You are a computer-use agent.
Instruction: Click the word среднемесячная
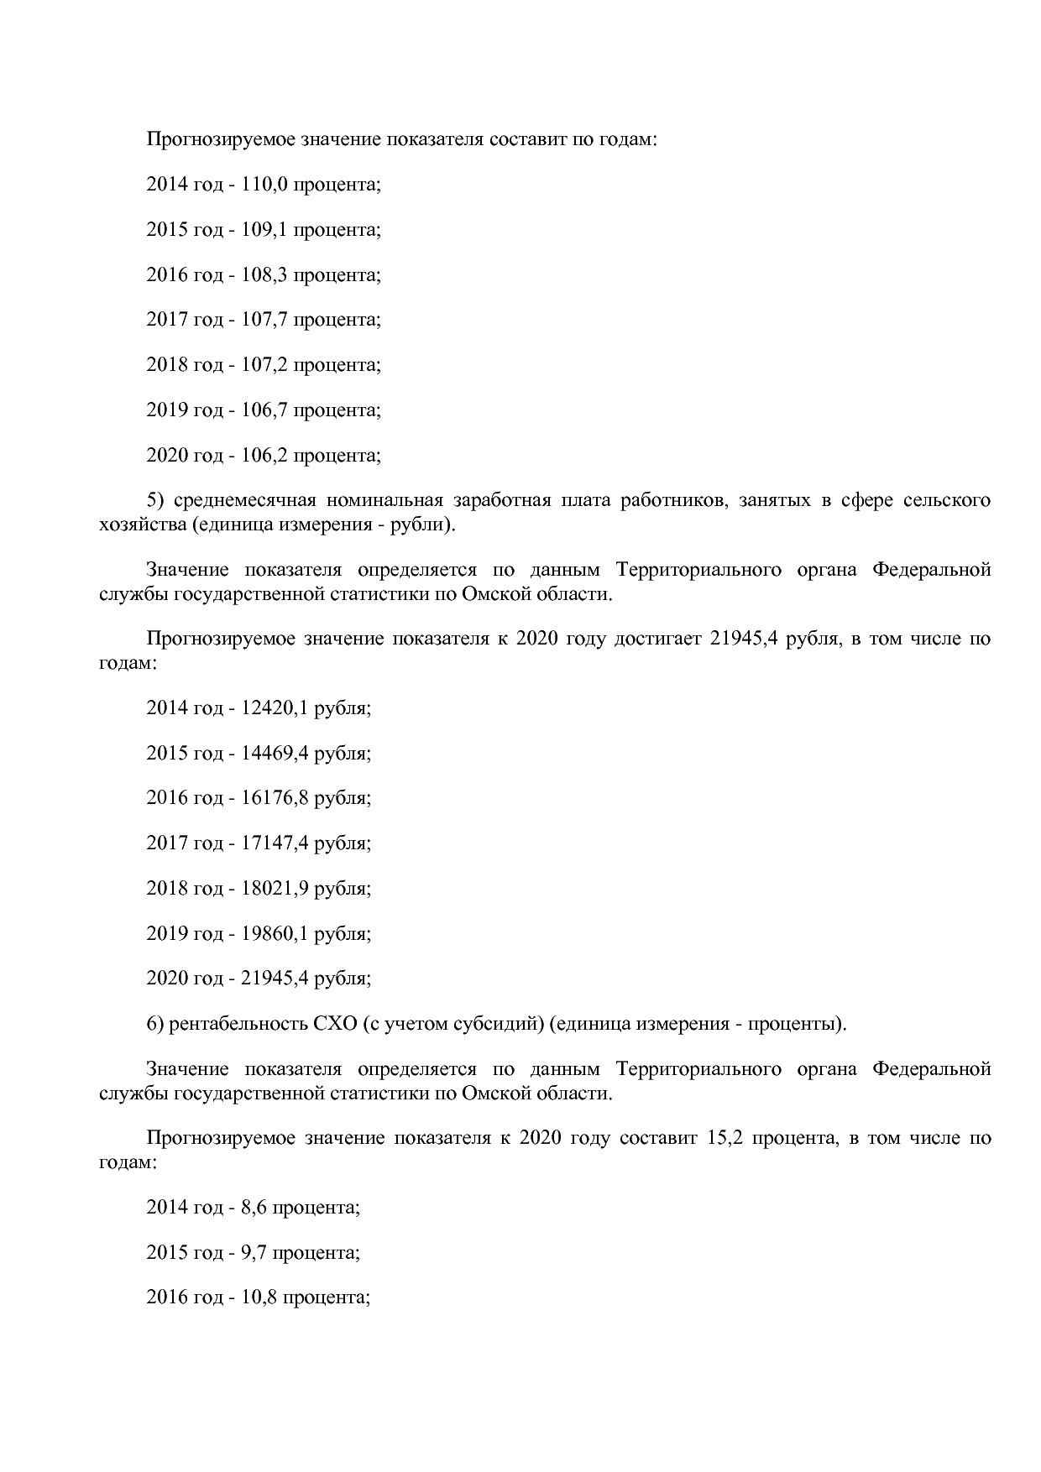coord(244,501)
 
